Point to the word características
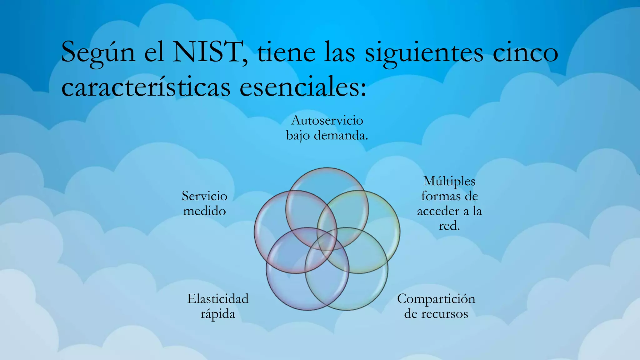click(x=146, y=87)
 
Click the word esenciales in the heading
click(x=302, y=87)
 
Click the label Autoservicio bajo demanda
click(x=327, y=128)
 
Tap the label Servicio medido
click(x=205, y=203)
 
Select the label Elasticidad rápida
click(x=218, y=306)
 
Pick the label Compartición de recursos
click(x=436, y=306)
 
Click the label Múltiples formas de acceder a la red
click(x=449, y=203)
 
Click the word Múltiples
click(x=449, y=181)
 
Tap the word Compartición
click(x=436, y=299)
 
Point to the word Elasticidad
click(x=218, y=299)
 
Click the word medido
click(x=205, y=211)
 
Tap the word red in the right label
click(x=449, y=226)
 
